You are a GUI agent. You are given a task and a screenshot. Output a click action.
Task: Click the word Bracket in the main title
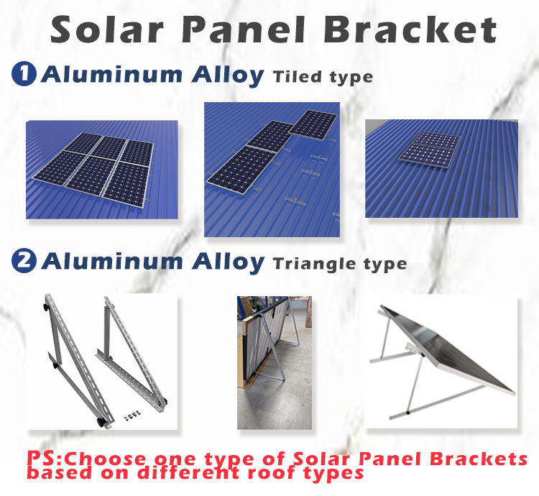[410, 29]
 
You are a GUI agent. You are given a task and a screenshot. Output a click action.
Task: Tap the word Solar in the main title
[106, 30]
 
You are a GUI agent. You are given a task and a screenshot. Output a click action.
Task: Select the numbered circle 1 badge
[24, 73]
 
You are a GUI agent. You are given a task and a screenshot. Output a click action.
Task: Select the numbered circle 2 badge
[24, 260]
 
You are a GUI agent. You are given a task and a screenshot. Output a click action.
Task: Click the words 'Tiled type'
[323, 78]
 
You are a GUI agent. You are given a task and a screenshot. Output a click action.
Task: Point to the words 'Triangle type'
[340, 265]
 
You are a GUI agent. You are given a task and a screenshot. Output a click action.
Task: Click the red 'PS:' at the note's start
[45, 458]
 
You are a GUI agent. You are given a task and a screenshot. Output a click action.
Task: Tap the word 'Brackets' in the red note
[479, 459]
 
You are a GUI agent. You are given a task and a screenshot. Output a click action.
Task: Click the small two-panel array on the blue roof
[430, 150]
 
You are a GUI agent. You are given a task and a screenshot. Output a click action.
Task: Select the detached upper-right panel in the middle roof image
[313, 124]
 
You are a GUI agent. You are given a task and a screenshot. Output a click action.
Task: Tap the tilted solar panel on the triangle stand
[447, 349]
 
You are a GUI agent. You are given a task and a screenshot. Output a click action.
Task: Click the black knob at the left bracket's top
[45, 307]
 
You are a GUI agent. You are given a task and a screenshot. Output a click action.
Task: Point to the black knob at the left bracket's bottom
[102, 422]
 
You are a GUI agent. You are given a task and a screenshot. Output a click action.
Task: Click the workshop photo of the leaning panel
[275, 362]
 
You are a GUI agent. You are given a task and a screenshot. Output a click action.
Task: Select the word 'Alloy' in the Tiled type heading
[228, 75]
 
